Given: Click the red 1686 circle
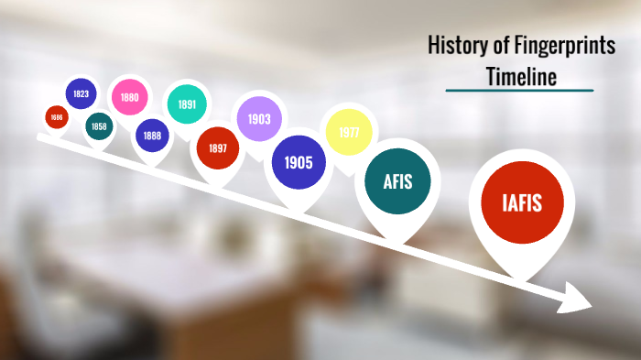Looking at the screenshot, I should tap(57, 117).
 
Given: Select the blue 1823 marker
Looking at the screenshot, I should tap(81, 93).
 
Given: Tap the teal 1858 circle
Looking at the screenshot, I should tap(99, 125).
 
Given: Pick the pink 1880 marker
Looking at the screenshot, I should tap(129, 97).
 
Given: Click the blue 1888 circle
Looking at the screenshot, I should tap(152, 136).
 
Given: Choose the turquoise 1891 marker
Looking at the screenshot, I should tap(186, 104).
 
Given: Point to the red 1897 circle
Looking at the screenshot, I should tap(217, 147).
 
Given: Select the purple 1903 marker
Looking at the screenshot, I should tap(258, 118).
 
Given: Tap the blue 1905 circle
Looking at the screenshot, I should tap(298, 163).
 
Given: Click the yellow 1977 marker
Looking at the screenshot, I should tap(348, 132).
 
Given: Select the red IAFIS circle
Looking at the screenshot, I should tap(521, 202).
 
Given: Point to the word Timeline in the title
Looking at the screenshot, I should tap(520, 77).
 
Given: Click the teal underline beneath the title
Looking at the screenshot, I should tap(519, 91).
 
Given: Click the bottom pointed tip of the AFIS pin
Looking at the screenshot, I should tap(395, 241).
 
